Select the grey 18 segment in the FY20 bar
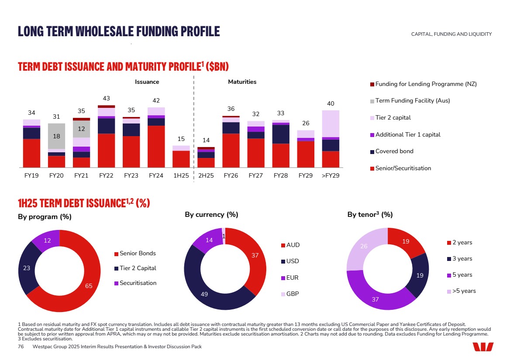tap(56, 136)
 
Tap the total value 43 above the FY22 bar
tap(106, 98)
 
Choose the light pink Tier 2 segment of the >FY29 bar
tap(331, 123)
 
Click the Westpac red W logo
tap(482, 347)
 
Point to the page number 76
tap(21, 346)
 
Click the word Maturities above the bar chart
tap(242, 82)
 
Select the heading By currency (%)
tap(211, 215)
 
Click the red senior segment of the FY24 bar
tap(156, 146)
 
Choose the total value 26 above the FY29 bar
tap(306, 123)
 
